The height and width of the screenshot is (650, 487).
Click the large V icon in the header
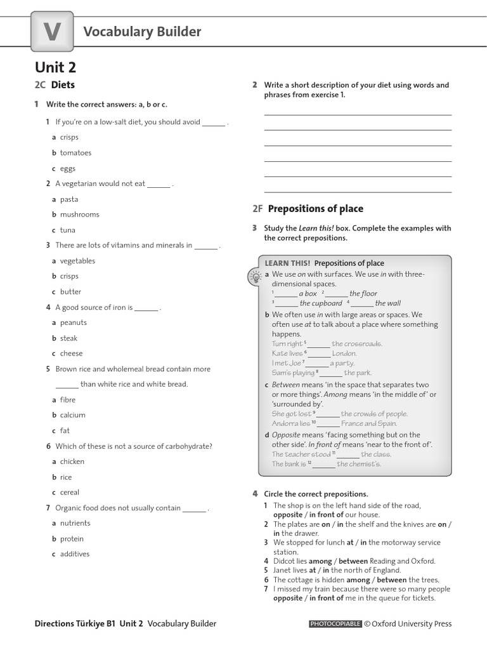coord(52,32)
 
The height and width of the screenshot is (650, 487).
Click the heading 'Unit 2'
coord(55,67)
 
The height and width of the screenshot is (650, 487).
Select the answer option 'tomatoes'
coord(75,153)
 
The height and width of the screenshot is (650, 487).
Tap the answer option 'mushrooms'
coord(79,215)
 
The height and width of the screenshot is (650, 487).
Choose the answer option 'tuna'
coord(67,230)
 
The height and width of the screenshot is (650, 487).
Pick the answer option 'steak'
coord(68,338)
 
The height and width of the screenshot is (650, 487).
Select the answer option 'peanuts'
coord(73,322)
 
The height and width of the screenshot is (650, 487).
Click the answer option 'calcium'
coord(72,415)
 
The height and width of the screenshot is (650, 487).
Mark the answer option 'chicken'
coord(72,461)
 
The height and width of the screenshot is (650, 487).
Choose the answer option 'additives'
coord(75,554)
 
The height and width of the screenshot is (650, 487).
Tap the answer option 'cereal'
coord(70,493)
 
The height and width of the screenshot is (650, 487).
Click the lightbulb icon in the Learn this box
coord(254,276)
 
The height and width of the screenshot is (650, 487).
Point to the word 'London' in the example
coord(344,354)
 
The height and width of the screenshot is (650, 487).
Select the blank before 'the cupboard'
coord(286,304)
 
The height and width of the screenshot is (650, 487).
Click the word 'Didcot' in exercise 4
coord(284,561)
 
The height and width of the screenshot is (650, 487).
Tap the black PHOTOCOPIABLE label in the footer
coord(335,624)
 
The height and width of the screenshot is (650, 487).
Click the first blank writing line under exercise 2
coord(358,114)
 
